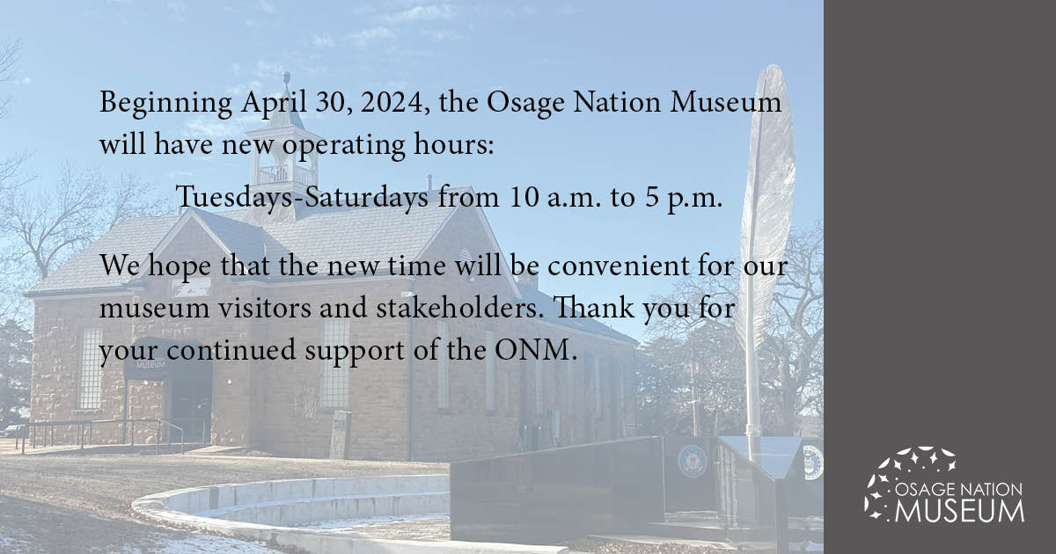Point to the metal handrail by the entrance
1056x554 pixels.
click(97, 431)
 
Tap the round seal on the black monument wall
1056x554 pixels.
click(692, 461)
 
